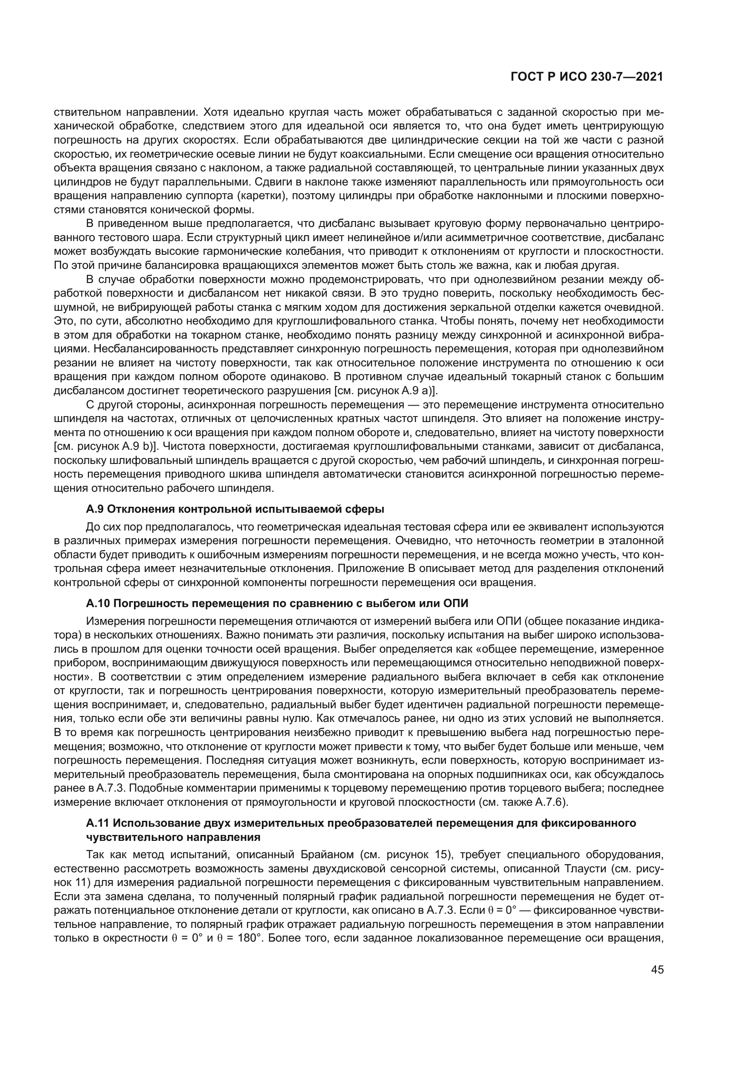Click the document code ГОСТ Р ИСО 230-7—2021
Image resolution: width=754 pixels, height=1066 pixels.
tap(587, 77)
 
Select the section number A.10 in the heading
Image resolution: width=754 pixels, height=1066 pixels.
tap(98, 603)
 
